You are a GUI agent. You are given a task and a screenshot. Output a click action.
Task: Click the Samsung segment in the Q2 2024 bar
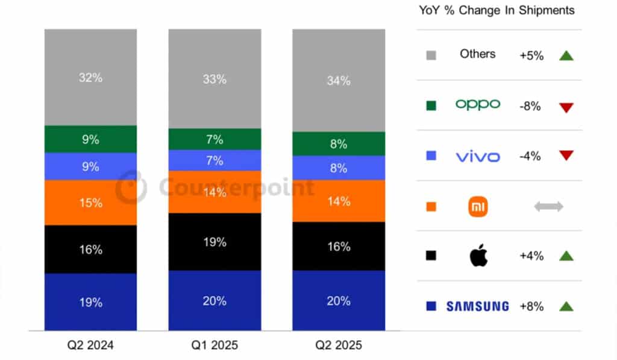(x=90, y=302)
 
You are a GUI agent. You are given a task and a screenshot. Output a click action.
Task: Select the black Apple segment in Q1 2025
(x=215, y=242)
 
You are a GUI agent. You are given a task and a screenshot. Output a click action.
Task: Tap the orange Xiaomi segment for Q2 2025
(x=339, y=201)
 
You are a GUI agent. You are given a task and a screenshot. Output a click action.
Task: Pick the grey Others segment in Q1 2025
(x=215, y=78)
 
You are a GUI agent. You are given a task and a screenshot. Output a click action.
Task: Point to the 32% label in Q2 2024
(x=90, y=77)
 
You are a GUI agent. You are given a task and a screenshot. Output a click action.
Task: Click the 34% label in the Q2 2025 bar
(x=339, y=80)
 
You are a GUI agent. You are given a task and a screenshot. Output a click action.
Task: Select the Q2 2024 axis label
(x=90, y=346)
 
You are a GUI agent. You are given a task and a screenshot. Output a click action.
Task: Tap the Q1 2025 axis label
(x=215, y=346)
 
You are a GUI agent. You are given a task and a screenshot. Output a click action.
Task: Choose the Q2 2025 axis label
(x=339, y=346)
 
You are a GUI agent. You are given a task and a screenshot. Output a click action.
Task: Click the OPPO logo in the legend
(x=477, y=104)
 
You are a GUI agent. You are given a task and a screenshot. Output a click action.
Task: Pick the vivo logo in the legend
(x=477, y=157)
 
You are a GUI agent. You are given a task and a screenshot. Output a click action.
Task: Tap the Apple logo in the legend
(x=478, y=256)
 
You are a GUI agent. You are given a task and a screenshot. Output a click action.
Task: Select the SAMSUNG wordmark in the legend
(x=477, y=306)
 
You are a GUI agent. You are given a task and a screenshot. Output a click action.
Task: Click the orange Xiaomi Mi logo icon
(x=478, y=207)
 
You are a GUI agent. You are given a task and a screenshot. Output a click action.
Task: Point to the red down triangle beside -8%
(x=566, y=107)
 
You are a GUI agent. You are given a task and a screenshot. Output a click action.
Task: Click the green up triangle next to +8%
(x=566, y=306)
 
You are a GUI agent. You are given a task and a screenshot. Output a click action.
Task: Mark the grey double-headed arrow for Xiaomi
(x=548, y=207)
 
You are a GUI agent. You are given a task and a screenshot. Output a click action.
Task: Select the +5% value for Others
(x=531, y=55)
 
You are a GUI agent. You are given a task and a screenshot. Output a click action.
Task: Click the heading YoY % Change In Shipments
(x=496, y=10)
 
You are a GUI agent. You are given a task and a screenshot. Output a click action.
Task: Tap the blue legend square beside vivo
(x=431, y=156)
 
